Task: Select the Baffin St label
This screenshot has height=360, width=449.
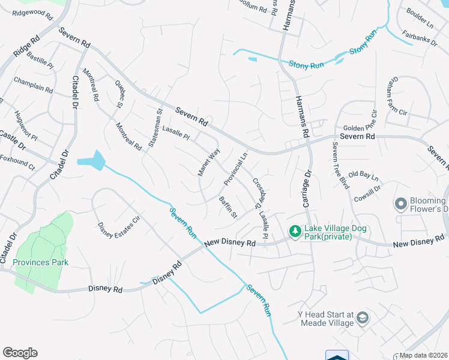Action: [x=228, y=207]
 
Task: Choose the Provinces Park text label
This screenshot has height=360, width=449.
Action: [x=41, y=262]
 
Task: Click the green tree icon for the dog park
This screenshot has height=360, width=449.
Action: [x=295, y=230]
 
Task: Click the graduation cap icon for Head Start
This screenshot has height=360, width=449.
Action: [x=362, y=317]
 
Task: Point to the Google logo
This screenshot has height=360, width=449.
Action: [x=20, y=353]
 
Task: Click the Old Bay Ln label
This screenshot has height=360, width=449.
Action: [x=364, y=176]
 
